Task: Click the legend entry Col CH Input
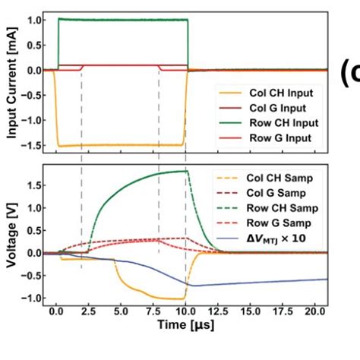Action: pyautogui.click(x=279, y=93)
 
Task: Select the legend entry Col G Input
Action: pyautogui.click(x=278, y=107)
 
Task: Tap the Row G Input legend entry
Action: pyautogui.click(x=279, y=137)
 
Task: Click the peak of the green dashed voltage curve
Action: pyautogui.click(x=185, y=171)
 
